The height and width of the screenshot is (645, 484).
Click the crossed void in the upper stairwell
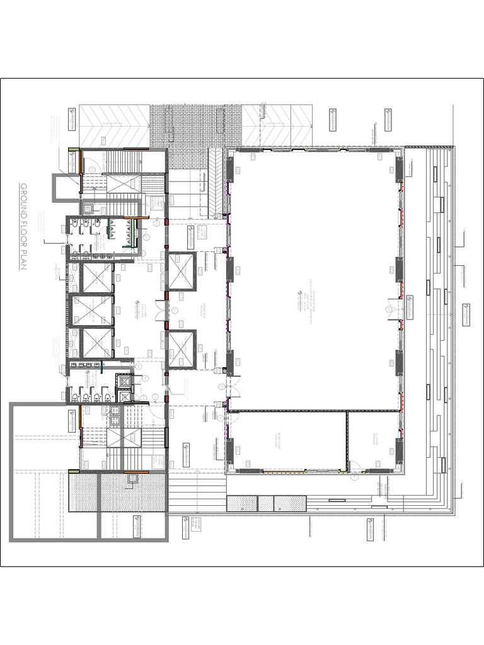pos(125,184)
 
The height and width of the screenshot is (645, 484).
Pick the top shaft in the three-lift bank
pos(97,277)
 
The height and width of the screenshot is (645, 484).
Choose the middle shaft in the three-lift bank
pos(97,310)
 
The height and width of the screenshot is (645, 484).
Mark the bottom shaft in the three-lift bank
pos(97,343)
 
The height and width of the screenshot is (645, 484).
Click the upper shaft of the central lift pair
pos(182,271)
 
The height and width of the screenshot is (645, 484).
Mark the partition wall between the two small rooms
pos(347,441)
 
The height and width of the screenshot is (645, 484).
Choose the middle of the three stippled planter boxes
pos(266,503)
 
